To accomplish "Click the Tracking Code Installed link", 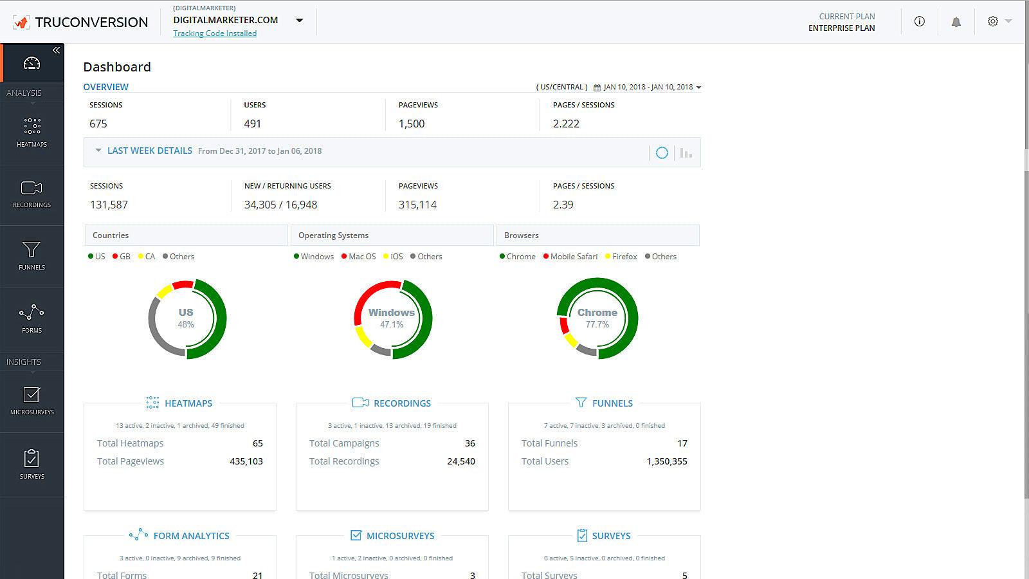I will [x=215, y=33].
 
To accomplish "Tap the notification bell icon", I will [x=956, y=22].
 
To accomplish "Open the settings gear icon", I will [x=993, y=21].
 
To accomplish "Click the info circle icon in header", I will [x=920, y=22].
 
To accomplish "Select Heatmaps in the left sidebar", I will [x=32, y=133].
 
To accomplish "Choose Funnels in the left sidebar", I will [x=32, y=255].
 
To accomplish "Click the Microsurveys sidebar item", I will [x=32, y=401].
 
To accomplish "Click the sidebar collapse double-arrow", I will [x=56, y=50].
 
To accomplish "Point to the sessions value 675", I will [x=98, y=124].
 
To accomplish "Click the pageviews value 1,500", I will [x=412, y=124].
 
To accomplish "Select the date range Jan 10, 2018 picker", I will [x=648, y=87].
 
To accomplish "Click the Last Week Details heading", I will [x=149, y=151].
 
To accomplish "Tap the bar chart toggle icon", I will [x=686, y=153].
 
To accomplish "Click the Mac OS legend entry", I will [x=361, y=256].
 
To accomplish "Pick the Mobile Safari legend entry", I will [x=573, y=256].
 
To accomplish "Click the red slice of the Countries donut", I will [x=183, y=284].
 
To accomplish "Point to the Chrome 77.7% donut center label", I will [x=597, y=318].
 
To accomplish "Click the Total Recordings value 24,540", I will [x=460, y=461].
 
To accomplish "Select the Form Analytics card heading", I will [x=191, y=535].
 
